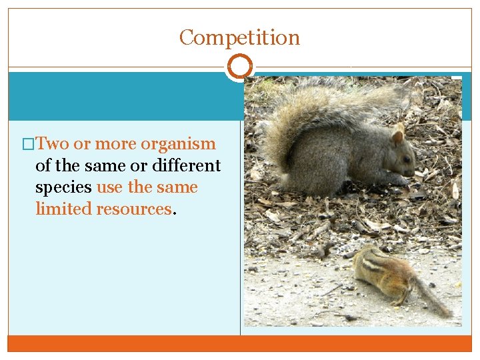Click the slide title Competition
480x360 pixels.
tap(239, 37)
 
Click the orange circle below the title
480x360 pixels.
tap(240, 67)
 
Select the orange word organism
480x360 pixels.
tap(178, 143)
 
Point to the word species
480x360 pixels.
tap(63, 187)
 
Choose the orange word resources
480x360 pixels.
tap(134, 209)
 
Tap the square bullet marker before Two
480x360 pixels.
tap(28, 144)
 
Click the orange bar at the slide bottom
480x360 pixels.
tap(240, 343)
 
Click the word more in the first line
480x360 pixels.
tap(115, 143)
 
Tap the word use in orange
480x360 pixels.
tap(110, 187)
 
